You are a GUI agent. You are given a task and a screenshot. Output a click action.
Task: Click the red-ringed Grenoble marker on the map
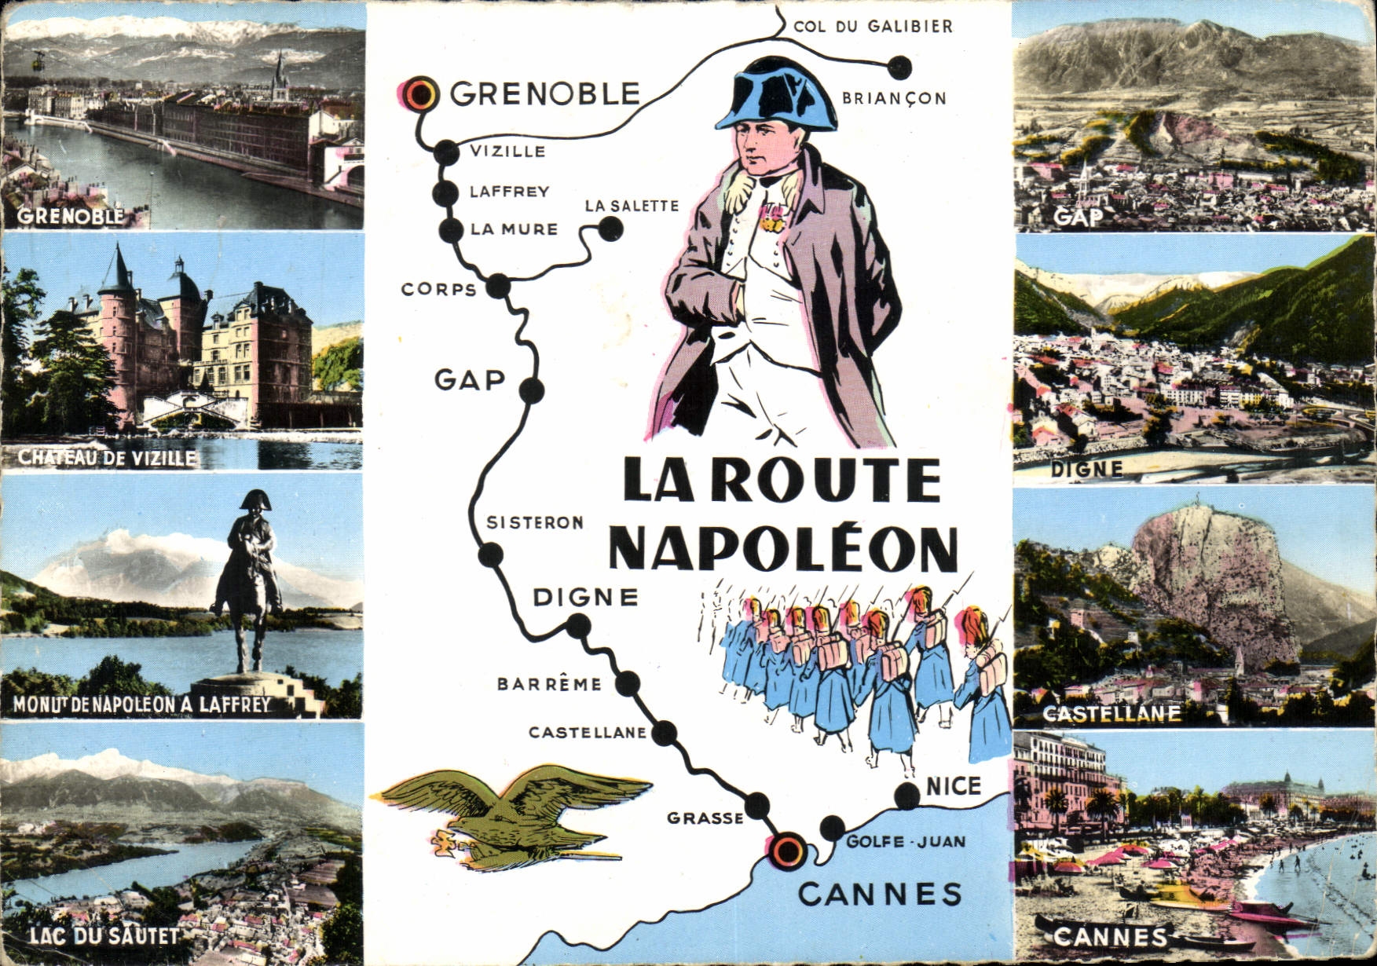pos(422,93)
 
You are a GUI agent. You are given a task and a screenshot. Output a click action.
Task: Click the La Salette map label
pos(632,206)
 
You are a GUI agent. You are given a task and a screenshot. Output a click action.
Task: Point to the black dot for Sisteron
pos(491,555)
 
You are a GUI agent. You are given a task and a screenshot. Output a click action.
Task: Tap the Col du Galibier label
pos(873,27)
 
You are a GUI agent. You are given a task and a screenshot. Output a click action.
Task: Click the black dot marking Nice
pos(907,796)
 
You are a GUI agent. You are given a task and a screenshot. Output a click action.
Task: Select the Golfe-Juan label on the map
pos(906,842)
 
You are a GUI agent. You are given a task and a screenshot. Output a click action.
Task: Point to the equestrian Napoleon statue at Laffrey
pos(250,581)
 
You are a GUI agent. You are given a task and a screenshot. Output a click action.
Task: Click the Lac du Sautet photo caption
pos(104,935)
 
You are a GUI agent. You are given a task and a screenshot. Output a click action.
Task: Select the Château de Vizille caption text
pos(108,458)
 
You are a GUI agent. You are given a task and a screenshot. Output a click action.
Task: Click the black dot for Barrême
pos(626,684)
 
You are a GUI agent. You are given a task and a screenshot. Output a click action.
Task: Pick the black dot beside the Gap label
pos(531,390)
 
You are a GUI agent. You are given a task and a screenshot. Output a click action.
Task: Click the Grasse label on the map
pos(705,818)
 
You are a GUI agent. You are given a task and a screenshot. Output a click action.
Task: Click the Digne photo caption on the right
pos(1086,469)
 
